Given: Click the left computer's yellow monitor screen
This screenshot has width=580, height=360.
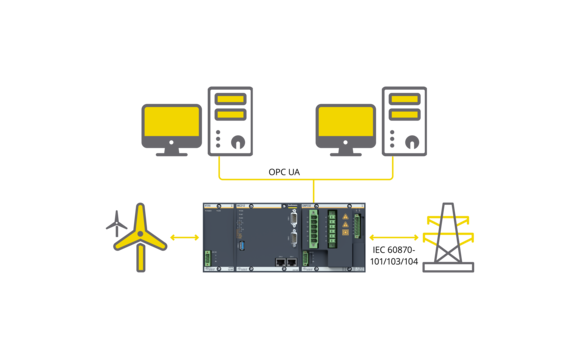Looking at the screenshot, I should pyautogui.click(x=171, y=122).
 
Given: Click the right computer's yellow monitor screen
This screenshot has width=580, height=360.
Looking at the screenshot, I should pyautogui.click(x=345, y=122).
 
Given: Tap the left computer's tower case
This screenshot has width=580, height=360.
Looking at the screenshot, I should pyautogui.click(x=231, y=121).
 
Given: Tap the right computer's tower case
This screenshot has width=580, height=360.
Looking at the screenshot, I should pyautogui.click(x=404, y=121).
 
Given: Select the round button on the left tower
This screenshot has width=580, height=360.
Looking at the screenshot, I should pyautogui.click(x=237, y=141).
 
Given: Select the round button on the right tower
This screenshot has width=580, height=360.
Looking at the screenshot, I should pyautogui.click(x=411, y=141).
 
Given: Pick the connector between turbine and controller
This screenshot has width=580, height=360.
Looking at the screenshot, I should pyautogui.click(x=185, y=237).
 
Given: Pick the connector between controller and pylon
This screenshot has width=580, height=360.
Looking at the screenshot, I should pyautogui.click(x=395, y=237).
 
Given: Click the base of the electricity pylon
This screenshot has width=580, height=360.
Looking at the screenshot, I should pyautogui.click(x=448, y=266).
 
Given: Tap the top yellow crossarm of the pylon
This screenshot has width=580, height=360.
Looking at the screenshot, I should pyautogui.click(x=448, y=219).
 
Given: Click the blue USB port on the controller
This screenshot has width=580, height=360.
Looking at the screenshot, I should pyautogui.click(x=241, y=244).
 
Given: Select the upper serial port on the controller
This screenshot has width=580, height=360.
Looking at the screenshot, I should pyautogui.click(x=293, y=217).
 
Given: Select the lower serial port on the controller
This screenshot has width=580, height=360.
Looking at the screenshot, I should pyautogui.click(x=293, y=238).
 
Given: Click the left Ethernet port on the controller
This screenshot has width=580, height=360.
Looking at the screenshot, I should pyautogui.click(x=280, y=262).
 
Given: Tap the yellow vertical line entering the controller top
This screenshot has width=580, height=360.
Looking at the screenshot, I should pyautogui.click(x=313, y=191).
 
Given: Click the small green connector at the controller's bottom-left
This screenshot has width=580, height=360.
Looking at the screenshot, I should pyautogui.click(x=208, y=258).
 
